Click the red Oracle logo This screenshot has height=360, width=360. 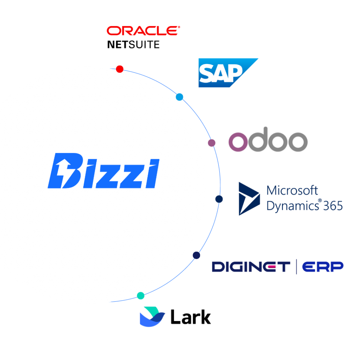click(143, 31)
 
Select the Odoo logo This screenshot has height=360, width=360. click(268, 142)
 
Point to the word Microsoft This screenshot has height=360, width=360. click(292, 191)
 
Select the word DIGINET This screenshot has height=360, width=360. click(251, 267)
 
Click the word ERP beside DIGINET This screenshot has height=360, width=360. click(323, 267)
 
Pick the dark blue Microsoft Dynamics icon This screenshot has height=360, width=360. click(249, 198)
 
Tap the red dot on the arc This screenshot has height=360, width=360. click(120, 69)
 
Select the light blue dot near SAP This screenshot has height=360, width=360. click(179, 97)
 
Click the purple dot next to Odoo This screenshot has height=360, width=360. click(211, 143)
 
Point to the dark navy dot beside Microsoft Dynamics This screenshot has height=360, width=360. click(219, 199)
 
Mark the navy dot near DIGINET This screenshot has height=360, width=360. click(196, 255)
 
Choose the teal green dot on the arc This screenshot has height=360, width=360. click(141, 296)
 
